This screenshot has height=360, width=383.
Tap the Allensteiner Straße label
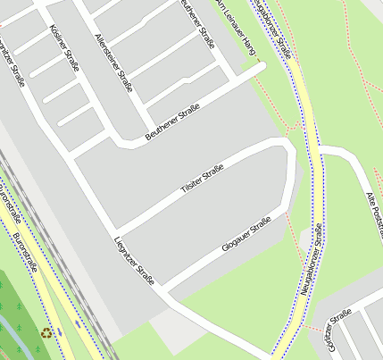(113, 63)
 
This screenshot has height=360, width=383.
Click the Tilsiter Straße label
(202, 178)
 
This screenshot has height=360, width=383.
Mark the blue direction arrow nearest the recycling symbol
(60, 332)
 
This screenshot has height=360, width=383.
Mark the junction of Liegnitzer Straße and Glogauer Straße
(165, 289)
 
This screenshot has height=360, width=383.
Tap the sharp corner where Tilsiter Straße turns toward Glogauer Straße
(287, 144)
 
